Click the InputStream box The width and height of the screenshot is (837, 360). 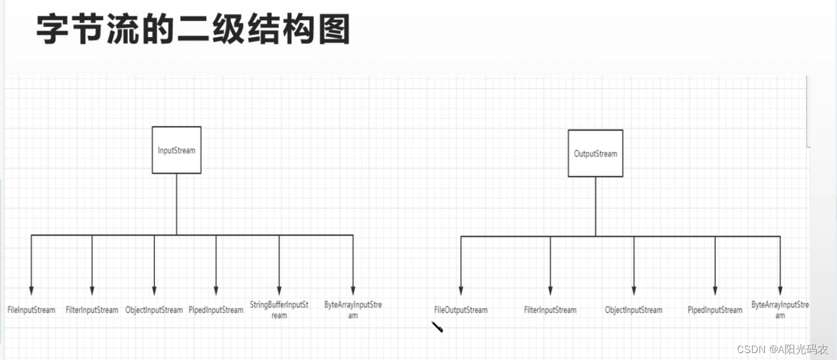click(x=176, y=150)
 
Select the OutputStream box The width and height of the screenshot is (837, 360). click(x=595, y=154)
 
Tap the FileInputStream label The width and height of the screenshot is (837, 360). click(x=32, y=310)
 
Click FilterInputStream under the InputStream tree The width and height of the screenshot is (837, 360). click(x=92, y=310)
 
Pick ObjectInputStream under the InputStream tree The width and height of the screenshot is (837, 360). click(x=154, y=310)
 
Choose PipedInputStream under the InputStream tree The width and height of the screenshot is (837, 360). click(x=216, y=310)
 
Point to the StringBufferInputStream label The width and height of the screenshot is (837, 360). click(x=279, y=310)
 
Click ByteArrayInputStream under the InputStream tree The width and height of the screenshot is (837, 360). click(x=353, y=310)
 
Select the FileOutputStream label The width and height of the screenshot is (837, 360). click(x=461, y=310)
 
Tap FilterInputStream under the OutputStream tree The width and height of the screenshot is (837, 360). click(x=550, y=310)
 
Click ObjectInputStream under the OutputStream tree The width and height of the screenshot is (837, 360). click(x=634, y=310)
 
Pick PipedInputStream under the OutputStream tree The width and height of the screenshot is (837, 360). click(x=715, y=310)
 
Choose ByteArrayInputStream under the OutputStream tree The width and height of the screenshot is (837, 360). click(x=780, y=310)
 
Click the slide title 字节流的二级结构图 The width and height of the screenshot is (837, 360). click(x=193, y=30)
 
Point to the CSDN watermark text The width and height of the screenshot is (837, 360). click(x=783, y=350)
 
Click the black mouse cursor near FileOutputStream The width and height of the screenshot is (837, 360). click(x=437, y=327)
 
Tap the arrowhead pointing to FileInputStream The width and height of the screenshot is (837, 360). click(x=32, y=291)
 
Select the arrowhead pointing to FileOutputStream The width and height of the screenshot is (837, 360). click(x=461, y=291)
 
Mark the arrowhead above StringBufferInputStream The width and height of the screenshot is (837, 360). click(x=279, y=291)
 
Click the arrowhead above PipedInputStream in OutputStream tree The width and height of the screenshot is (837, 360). click(x=715, y=291)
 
